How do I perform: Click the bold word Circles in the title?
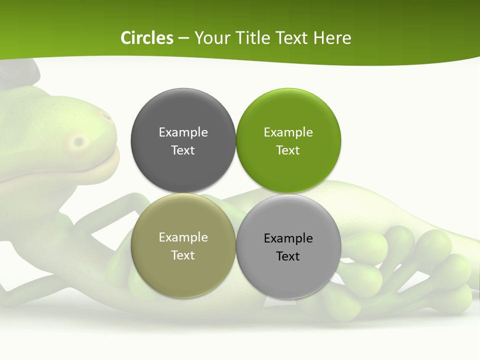point(147,38)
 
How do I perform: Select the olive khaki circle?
point(183,272)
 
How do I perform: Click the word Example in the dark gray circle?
point(183,132)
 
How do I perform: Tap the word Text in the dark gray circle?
point(183,150)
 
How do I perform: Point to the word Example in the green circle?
point(288,132)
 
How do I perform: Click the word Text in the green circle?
point(288,150)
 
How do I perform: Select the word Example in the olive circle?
point(183,237)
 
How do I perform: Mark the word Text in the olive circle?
point(183,255)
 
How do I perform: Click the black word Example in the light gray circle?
point(288,238)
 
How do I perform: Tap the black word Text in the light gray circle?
point(288,256)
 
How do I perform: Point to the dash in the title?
point(183,38)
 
